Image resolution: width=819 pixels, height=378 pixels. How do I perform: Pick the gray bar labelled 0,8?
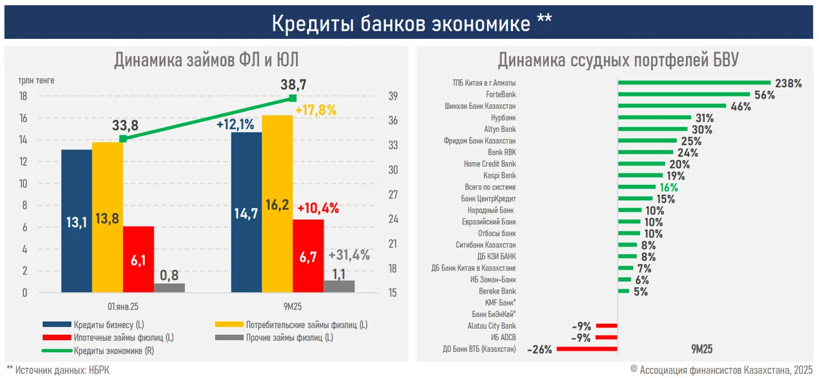tap(169, 288)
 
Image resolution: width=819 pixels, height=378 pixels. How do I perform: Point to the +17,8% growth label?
tap(316, 110)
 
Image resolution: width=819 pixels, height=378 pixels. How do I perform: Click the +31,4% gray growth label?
tap(349, 255)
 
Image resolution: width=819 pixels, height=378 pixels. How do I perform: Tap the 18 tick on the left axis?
tap(23, 96)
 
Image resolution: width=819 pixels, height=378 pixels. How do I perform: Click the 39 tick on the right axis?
tap(392, 96)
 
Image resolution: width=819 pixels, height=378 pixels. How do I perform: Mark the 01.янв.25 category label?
tap(123, 307)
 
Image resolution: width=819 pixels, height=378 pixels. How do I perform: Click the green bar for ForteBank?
tap(684, 95)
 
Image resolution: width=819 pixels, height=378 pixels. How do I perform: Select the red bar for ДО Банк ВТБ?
tap(587, 349)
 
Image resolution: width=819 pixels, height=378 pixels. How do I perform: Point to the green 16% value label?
tap(668, 188)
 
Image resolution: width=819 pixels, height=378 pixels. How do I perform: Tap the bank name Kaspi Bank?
tap(500, 176)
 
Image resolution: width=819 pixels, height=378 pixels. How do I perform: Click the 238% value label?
tap(788, 83)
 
